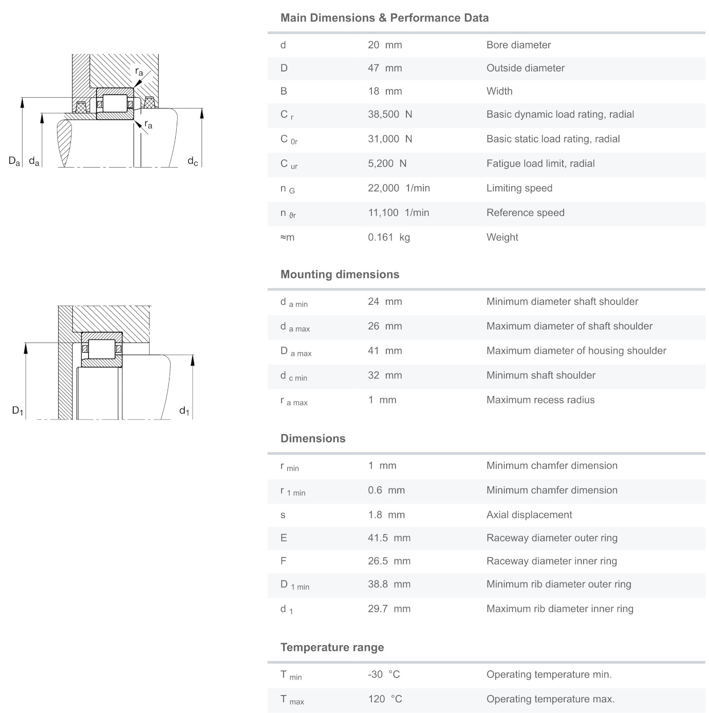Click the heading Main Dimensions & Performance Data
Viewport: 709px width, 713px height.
click(384, 18)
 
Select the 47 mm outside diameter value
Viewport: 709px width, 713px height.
click(385, 68)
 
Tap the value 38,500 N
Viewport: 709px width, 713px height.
click(390, 114)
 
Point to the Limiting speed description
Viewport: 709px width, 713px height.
click(519, 188)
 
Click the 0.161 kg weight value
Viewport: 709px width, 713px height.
click(389, 237)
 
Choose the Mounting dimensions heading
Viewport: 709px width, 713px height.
click(340, 275)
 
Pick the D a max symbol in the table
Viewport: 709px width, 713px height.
click(296, 352)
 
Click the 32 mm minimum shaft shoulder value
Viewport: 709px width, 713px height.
click(385, 375)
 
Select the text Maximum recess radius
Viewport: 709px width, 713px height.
click(540, 400)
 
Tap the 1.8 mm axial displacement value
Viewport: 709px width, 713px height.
click(386, 515)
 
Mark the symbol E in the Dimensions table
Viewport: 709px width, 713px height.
click(284, 538)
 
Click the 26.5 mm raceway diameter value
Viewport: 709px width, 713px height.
click(389, 561)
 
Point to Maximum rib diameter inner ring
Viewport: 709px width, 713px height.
click(560, 609)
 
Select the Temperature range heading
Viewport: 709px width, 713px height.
click(332, 648)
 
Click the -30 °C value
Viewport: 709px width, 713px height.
click(384, 674)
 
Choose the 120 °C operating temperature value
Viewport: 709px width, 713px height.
click(385, 699)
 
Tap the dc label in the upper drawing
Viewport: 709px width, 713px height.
click(193, 161)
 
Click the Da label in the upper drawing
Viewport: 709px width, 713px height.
click(14, 161)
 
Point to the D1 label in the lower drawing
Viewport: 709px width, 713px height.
click(17, 411)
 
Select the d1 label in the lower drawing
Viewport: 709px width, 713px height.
click(184, 411)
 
